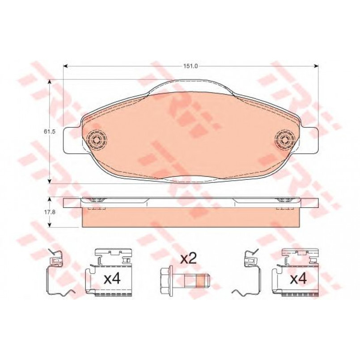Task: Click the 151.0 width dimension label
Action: click(191, 66)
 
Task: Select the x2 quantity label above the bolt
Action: click(188, 259)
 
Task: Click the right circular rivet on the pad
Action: click(285, 139)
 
